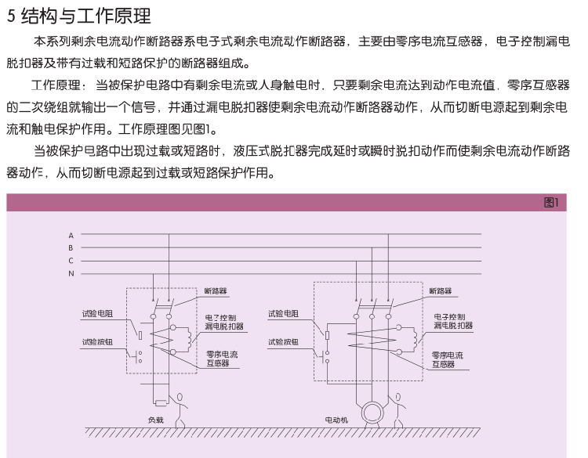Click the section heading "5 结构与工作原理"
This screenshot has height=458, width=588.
pos(78,16)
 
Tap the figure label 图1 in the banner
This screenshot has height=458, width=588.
pos(551,203)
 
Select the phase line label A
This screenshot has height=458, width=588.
pos(71,236)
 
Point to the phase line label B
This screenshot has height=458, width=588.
pos(71,248)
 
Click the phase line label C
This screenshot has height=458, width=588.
pos(71,261)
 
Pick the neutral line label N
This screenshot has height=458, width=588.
pos(71,273)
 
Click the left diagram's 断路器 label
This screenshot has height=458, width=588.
pos(216,291)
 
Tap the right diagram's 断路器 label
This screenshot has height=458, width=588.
pos(441,291)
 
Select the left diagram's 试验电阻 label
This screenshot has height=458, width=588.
pos(97,314)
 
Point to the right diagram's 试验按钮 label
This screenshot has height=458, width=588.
pos(283,342)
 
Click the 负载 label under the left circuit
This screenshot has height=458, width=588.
pos(156,420)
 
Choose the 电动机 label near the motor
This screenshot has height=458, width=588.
pos(336,420)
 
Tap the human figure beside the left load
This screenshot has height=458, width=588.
pos(180,410)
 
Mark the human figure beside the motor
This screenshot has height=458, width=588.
pos(397,410)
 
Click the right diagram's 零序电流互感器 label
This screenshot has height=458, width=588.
pos(448,359)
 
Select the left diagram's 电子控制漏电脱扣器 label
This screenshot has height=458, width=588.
pos(224,322)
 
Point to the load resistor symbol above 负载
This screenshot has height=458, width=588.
pos(162,403)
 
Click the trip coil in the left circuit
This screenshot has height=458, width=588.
pos(189,337)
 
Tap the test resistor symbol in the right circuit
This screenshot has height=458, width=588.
pos(327,335)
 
